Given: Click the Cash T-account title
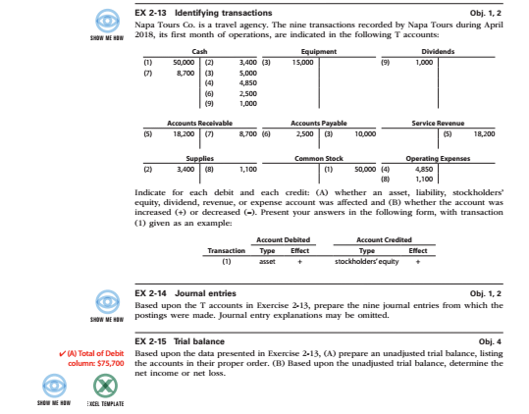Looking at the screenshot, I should click(199, 51).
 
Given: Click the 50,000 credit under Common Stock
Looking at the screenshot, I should click(364, 168).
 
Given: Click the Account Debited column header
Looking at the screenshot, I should click(274, 239).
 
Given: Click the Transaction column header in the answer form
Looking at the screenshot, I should click(226, 250).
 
